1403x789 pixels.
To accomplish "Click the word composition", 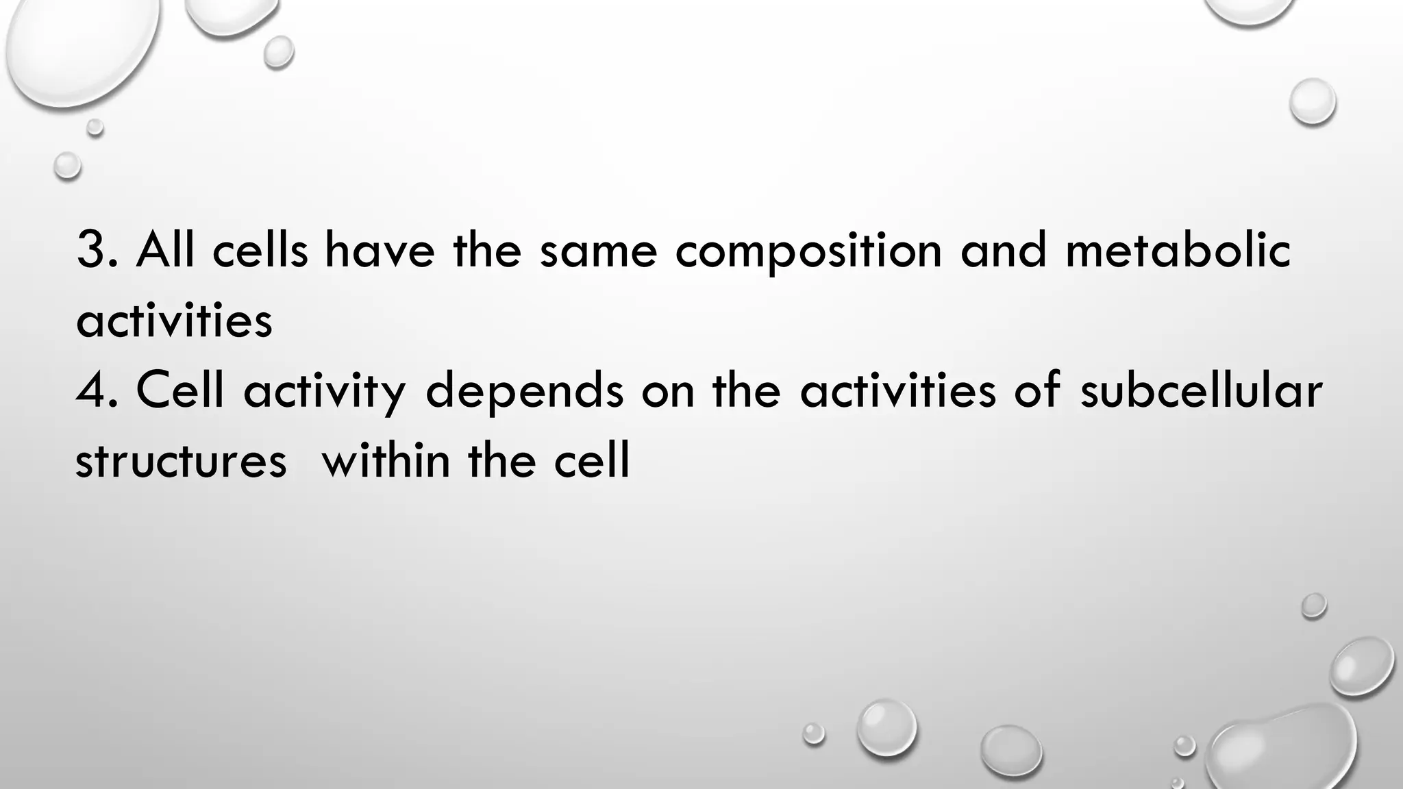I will [x=808, y=251].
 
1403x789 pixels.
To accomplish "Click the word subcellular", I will [x=1200, y=390].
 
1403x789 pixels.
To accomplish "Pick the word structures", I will [x=181, y=461].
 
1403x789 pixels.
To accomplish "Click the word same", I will [x=598, y=252].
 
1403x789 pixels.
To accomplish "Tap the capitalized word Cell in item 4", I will [x=180, y=390].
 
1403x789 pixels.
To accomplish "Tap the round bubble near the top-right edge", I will [x=1312, y=101].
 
